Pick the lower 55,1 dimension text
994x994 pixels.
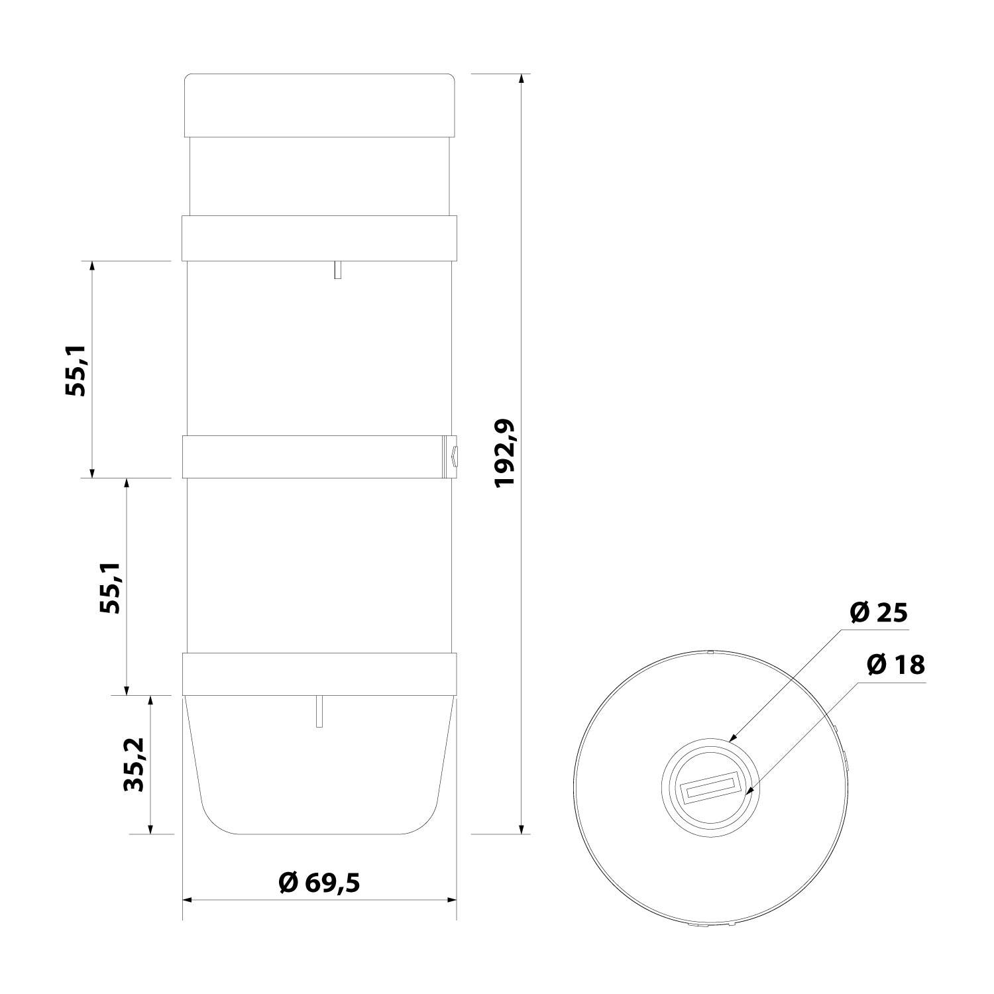(110, 587)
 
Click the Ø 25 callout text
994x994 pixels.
(878, 613)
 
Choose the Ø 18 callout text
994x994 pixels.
(895, 664)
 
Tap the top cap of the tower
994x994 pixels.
(319, 105)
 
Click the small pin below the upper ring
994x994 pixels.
(337, 270)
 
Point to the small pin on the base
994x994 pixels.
(319, 712)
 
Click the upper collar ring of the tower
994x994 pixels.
(319, 237)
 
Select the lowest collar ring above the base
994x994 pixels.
(319, 674)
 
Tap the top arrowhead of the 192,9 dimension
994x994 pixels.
(522, 79)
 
